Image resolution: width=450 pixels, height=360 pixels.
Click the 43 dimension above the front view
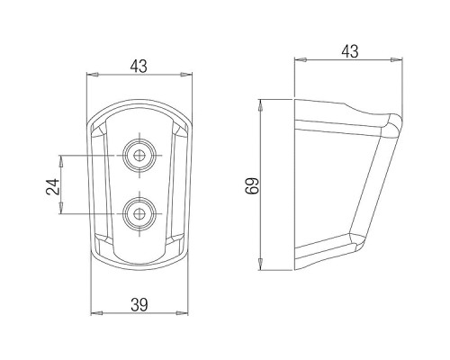139,67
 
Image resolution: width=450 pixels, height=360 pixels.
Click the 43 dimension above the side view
350,51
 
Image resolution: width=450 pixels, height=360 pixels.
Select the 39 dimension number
139,305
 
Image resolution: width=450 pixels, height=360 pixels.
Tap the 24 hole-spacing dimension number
53,186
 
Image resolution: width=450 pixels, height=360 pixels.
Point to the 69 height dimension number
252,186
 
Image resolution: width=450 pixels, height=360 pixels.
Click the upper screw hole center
139,156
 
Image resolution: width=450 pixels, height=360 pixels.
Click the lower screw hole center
139,213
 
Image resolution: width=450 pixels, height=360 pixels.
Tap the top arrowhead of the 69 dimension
261,105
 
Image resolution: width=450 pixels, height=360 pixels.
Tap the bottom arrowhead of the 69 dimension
261,264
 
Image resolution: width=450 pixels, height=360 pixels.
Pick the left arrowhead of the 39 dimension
96,313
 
